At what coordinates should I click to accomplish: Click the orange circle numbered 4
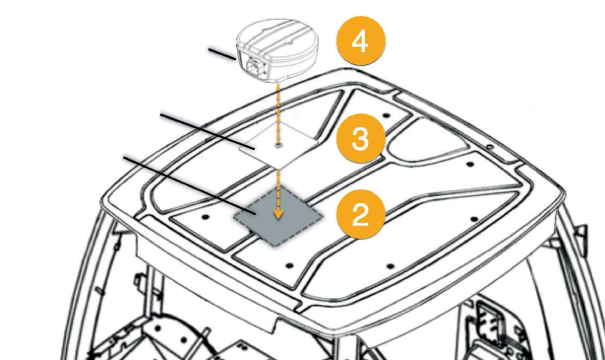360,41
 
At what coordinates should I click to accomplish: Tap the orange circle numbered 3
360,139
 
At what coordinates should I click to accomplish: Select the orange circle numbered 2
360,214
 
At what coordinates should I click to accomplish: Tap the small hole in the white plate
277,145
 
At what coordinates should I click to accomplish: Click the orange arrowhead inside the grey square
277,214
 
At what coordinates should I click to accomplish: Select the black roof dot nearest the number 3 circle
385,115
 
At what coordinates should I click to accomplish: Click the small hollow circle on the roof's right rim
489,146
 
